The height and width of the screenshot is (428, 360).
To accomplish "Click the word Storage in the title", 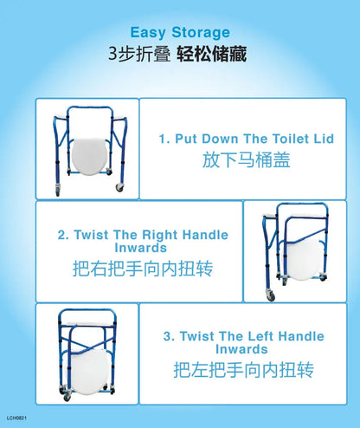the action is coord(201,33).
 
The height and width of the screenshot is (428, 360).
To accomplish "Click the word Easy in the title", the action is coord(148,33).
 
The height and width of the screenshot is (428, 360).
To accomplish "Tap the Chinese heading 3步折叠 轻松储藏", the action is coord(177,54).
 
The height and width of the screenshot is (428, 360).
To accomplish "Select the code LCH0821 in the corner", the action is coord(16,418).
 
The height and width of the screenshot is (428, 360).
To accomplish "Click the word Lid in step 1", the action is coord(324,139).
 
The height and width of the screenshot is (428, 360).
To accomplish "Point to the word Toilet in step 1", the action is coord(291,139).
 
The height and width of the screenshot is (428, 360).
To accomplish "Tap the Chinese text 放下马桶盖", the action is coord(246,160).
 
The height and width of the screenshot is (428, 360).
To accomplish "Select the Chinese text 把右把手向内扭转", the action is coord(143,269).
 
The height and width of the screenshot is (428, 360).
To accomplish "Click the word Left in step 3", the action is coord(260,336).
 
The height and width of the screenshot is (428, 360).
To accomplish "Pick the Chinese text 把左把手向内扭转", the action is coord(244,370).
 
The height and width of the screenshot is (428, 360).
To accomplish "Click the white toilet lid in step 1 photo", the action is coord(90,156).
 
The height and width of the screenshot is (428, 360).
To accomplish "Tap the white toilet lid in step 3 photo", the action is coord(89,371).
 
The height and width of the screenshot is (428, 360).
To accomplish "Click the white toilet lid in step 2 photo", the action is coord(305,260).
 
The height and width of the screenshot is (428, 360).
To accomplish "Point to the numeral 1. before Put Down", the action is coord(164,139).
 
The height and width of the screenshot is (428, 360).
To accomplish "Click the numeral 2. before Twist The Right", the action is coord(63,235).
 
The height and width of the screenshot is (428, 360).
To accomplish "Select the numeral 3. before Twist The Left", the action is coord(169,336).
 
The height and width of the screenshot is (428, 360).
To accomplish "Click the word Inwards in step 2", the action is coord(141,248).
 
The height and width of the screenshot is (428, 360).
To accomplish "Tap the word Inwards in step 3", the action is coord(241,349).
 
